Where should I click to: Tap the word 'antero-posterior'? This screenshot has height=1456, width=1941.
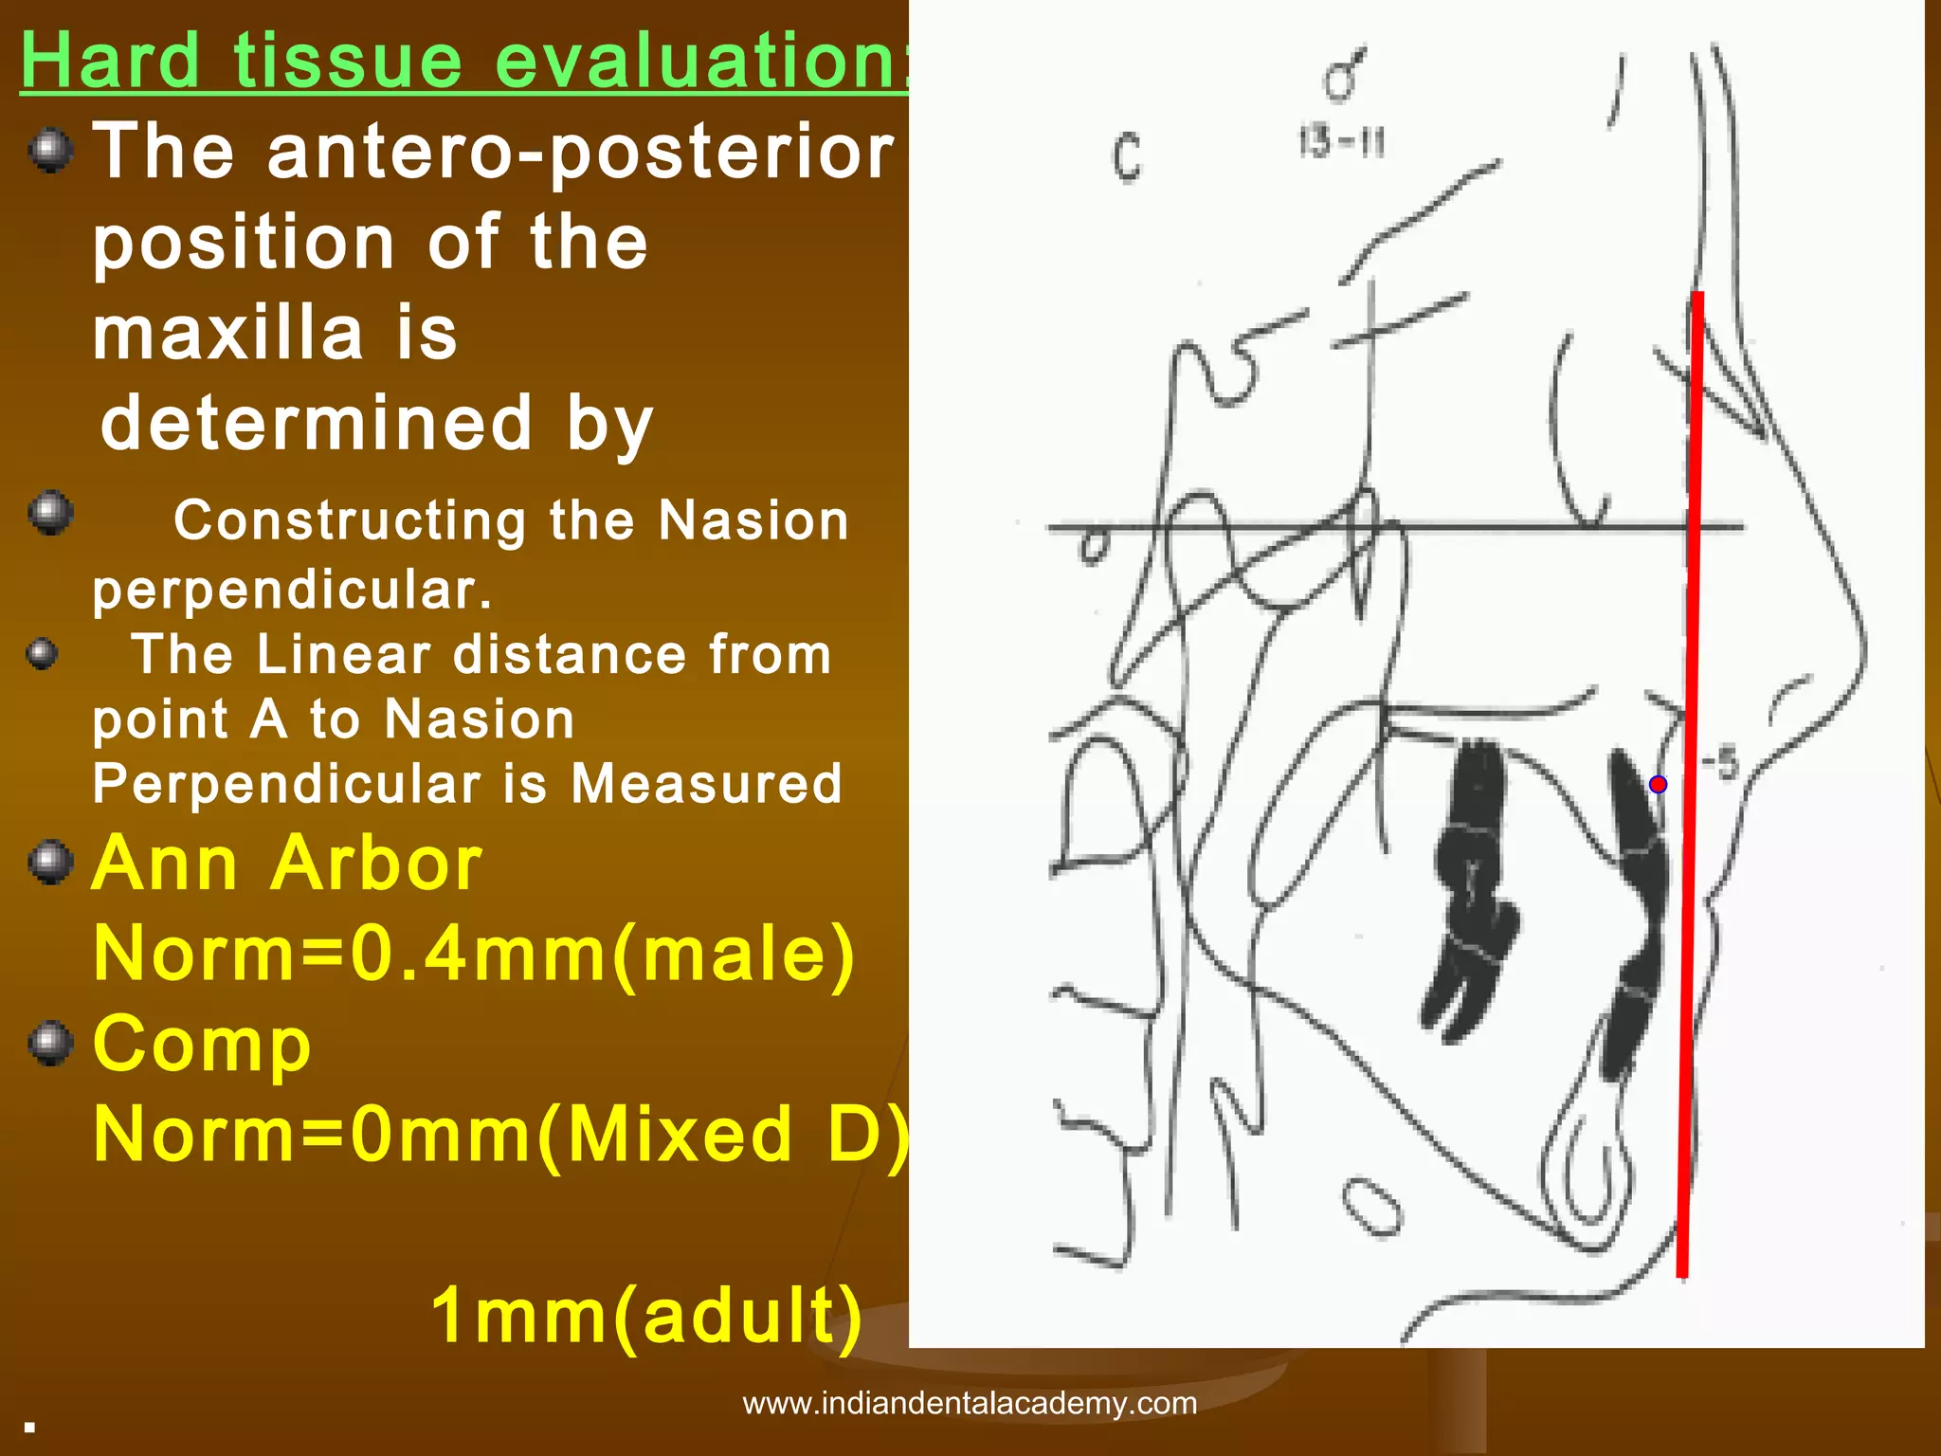coord(580,152)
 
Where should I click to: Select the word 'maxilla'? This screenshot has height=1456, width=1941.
coord(227,334)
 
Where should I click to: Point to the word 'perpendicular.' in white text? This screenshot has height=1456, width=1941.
coord(292,591)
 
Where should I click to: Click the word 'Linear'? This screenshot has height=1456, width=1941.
coord(343,655)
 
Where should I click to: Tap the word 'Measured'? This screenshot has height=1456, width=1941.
coord(706,784)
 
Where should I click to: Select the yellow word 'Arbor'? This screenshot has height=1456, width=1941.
coord(376,864)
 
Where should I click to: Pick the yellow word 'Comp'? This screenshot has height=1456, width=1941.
coord(202,1045)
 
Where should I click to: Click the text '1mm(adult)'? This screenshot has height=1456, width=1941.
coord(646,1316)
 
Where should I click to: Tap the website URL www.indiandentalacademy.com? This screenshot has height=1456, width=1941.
coord(970,1403)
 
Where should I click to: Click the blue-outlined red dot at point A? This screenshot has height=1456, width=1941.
coord(1658,784)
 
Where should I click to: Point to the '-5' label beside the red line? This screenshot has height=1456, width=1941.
coord(1720,763)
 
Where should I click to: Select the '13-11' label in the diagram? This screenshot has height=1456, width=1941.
coord(1341,143)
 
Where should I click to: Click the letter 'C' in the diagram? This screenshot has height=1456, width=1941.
coord(1127,157)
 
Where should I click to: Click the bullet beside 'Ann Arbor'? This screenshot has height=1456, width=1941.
coord(51,862)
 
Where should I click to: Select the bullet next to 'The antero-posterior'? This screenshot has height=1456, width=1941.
coord(51,151)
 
